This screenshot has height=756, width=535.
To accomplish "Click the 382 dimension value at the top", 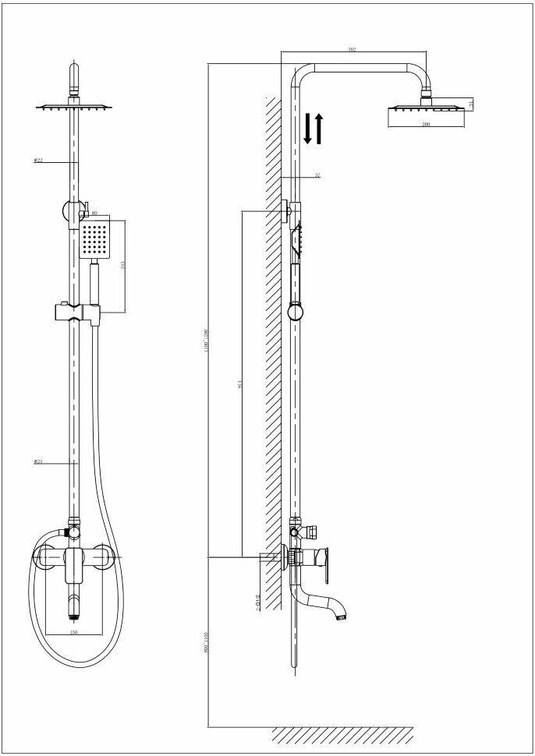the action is [x=352, y=50].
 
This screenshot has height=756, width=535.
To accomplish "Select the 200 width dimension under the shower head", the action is [x=426, y=125].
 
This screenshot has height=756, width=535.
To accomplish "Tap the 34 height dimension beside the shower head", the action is [x=472, y=102].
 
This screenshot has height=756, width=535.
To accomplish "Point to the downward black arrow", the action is [x=308, y=129].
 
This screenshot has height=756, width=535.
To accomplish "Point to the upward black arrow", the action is [x=318, y=128].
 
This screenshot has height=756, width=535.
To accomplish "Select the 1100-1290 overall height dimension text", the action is [x=206, y=341].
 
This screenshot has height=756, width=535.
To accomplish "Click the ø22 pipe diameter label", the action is [x=37, y=161].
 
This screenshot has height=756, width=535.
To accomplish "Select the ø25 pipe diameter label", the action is [x=37, y=462].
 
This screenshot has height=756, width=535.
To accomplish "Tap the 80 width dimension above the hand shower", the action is [x=94, y=213].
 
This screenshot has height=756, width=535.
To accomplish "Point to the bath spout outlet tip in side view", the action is [x=340, y=618].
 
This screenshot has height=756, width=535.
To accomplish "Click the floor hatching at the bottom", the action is [x=342, y=735].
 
